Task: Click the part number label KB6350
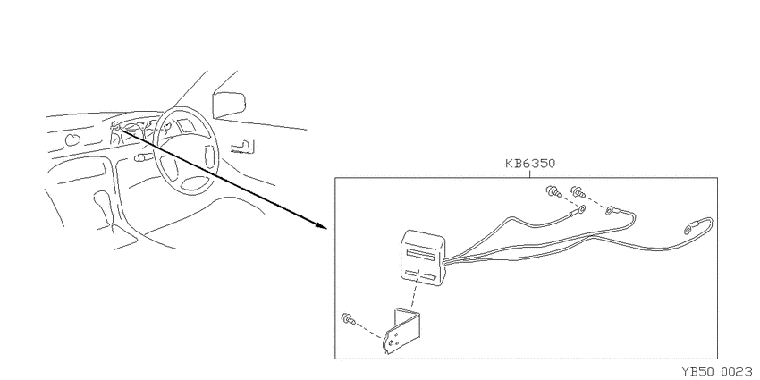pyautogui.click(x=530, y=164)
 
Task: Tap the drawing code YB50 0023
pyautogui.click(x=721, y=372)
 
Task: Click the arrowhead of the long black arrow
pyautogui.click(x=320, y=225)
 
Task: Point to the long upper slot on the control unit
pyautogui.click(x=423, y=254)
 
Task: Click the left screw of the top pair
pyautogui.click(x=553, y=192)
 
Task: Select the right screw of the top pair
pyautogui.click(x=578, y=192)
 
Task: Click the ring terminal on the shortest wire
pyautogui.click(x=579, y=210)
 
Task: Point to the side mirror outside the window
pyautogui.click(x=229, y=103)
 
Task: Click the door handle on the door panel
pyautogui.click(x=244, y=146)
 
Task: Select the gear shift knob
pyautogui.click(x=102, y=199)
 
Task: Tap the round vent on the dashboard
pyautogui.click(x=72, y=140)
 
